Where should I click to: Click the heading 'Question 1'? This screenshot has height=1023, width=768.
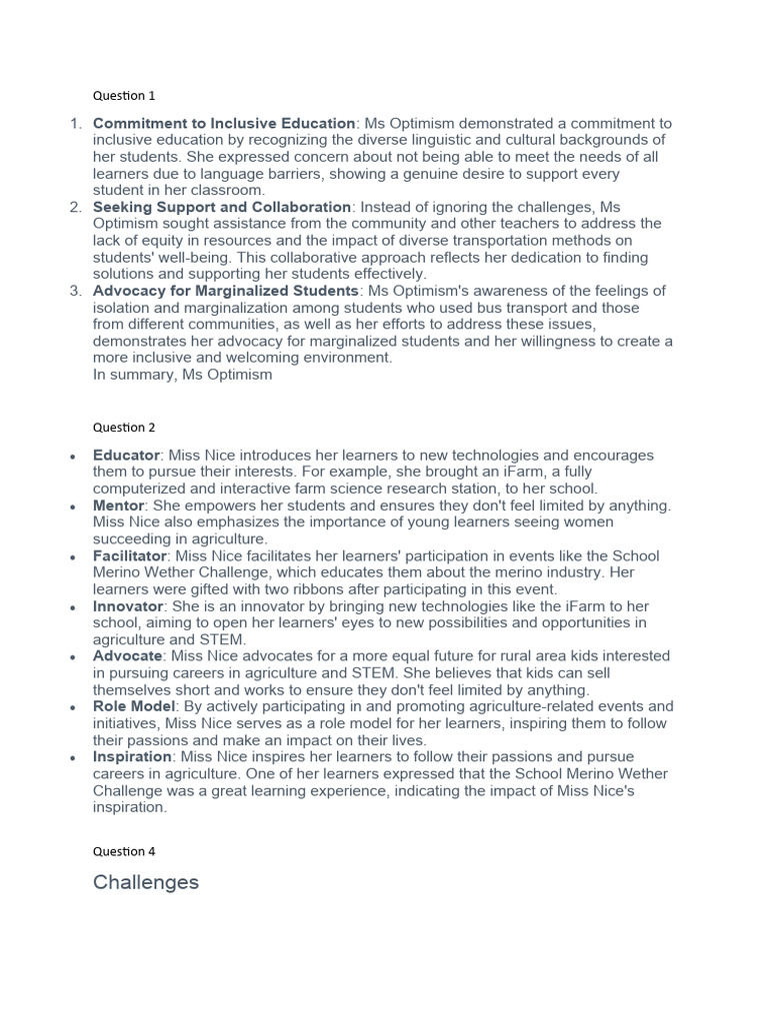click(x=124, y=96)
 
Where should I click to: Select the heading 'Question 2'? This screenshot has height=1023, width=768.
click(x=124, y=428)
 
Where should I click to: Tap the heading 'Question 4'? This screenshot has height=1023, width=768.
click(x=124, y=852)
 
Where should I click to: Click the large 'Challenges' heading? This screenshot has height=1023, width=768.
click(x=146, y=882)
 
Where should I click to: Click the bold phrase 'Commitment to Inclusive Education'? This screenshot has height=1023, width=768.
click(x=224, y=123)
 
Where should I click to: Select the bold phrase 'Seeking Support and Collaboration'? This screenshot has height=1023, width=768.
click(x=222, y=207)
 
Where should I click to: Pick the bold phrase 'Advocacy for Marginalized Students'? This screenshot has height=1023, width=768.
click(x=226, y=291)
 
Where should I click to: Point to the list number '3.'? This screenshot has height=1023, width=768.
click(x=75, y=291)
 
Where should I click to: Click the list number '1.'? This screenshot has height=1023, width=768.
click(x=75, y=123)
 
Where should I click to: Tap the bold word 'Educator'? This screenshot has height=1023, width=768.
click(x=126, y=455)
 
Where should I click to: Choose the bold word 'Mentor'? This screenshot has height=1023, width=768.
click(x=119, y=506)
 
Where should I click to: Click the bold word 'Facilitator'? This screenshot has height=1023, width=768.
click(x=130, y=555)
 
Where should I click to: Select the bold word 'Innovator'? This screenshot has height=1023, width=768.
click(x=127, y=606)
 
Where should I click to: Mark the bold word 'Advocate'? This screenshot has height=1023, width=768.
click(x=127, y=656)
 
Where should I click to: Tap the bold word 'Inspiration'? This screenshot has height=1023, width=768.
click(x=132, y=757)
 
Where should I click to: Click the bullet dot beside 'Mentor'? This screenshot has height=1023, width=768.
click(x=73, y=507)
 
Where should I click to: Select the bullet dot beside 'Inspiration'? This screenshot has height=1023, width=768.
click(x=73, y=758)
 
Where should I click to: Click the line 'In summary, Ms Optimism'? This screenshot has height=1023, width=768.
click(x=182, y=375)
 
